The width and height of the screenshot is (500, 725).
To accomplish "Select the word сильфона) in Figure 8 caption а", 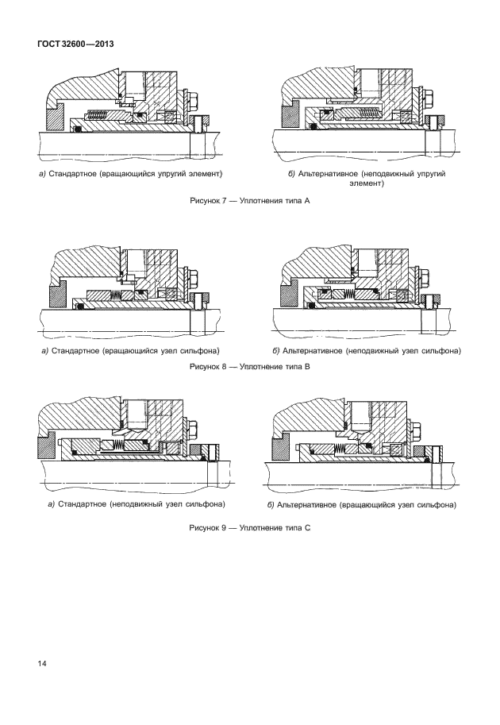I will (198, 350).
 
